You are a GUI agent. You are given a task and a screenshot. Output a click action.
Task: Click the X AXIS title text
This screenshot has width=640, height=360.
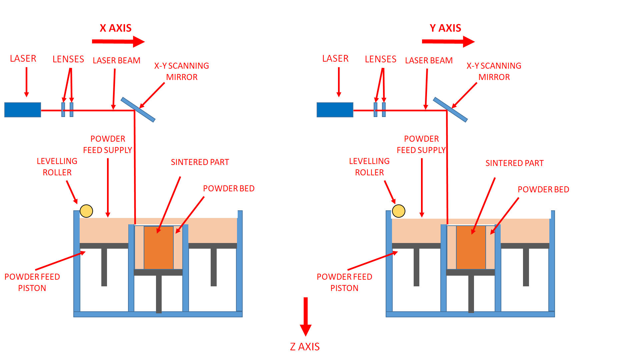tap(116, 28)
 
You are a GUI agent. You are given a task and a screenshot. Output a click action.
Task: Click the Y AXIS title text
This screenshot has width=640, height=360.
tap(445, 28)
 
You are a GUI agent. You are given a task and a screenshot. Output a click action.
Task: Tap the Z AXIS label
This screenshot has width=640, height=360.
tap(305, 347)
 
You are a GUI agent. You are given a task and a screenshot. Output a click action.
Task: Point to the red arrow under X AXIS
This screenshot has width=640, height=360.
tap(118, 42)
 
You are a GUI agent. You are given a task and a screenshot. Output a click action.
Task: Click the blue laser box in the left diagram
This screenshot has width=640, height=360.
tap(23, 110)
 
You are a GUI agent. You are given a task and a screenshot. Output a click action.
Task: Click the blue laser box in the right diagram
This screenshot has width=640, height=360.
tap(335, 110)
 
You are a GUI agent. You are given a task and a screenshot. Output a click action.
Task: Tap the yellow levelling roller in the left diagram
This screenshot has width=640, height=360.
tap(86, 211)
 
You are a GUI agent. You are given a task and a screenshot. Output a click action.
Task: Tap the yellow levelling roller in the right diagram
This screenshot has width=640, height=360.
tap(399, 211)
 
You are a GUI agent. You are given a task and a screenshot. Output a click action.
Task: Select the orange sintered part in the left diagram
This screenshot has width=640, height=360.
tap(159, 247)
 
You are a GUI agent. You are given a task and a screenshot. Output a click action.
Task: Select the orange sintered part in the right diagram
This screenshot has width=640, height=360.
tap(471, 247)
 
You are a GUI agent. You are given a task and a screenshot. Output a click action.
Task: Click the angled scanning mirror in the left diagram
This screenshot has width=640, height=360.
tap(138, 110)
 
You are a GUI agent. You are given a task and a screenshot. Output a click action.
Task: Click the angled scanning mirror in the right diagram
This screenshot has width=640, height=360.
tap(450, 110)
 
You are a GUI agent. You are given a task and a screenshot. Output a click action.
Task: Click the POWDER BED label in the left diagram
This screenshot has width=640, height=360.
tap(229, 189)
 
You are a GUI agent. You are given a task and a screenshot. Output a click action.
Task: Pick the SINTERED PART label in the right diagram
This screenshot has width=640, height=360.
tap(514, 163)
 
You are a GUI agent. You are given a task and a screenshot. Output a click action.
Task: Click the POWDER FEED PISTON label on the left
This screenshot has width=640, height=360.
tap(32, 282)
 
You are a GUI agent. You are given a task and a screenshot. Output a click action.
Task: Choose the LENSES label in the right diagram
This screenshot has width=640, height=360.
tap(380, 59)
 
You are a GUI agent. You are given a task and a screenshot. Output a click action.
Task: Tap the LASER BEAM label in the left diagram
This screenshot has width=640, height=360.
tap(116, 61)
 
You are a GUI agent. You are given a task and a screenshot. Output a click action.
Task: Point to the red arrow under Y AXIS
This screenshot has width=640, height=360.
tap(448, 42)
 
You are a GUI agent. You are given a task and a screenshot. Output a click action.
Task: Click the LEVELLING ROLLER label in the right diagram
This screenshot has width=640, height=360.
tap(369, 167)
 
